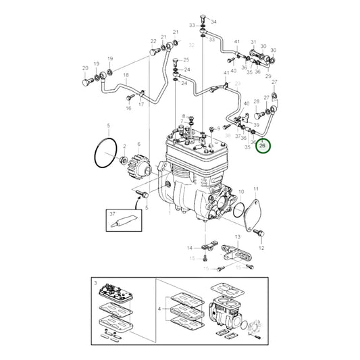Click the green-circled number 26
coord(264,145)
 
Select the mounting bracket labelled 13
coord(239,255)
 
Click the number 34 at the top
coord(214,22)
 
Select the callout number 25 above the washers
coord(187,60)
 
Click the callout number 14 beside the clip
coord(190,248)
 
